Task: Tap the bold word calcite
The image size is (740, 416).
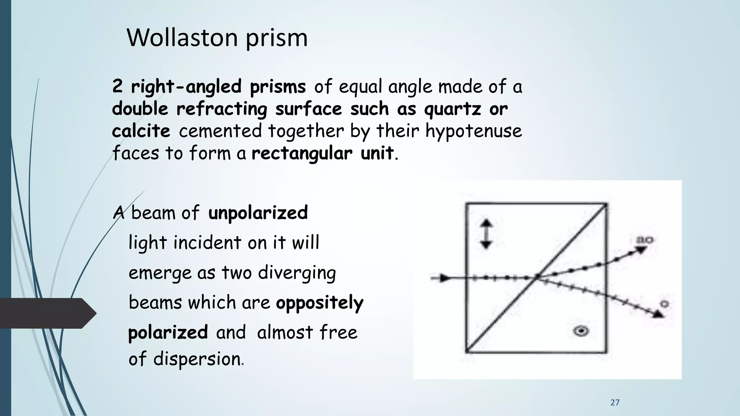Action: click(141, 131)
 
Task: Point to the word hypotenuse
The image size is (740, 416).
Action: click(474, 131)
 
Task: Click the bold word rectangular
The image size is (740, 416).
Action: click(302, 153)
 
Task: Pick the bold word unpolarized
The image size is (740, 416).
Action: click(258, 213)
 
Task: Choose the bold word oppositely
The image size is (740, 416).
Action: click(319, 303)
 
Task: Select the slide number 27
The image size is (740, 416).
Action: click(615, 403)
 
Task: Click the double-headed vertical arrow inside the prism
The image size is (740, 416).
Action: click(486, 234)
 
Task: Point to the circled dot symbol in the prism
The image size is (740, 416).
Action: click(582, 330)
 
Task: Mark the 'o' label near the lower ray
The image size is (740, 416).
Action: click(664, 304)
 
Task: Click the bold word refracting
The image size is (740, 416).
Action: click(221, 109)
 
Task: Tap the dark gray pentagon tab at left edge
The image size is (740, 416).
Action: click(47, 313)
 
